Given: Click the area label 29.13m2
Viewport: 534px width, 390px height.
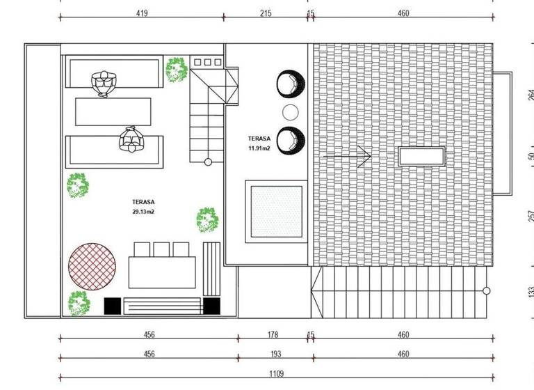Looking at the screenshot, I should tap(142, 210).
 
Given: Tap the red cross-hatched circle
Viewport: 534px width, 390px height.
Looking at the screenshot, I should tap(92, 265).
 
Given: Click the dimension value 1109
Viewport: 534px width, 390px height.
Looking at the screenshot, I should tap(277, 374).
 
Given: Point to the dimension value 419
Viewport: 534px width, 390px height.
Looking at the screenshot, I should tap(141, 13).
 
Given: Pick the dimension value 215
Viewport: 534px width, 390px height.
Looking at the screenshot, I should tap(265, 13).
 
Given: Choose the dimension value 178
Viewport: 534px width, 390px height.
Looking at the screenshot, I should tap(273, 335).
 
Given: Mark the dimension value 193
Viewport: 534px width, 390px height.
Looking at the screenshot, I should tap(273, 354).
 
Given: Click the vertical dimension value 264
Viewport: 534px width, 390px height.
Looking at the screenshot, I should tap(531, 95).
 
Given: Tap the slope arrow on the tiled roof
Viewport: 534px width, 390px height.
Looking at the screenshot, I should tap(347, 157).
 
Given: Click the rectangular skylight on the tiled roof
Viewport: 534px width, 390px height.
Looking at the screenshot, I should tap(421, 156).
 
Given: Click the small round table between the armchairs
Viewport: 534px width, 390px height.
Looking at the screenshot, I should tap(290, 112).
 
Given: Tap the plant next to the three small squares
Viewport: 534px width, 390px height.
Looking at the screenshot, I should tap(177, 68).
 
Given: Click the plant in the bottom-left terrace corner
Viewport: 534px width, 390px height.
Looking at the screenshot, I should tap(78, 303).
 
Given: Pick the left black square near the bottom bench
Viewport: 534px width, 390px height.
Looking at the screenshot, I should tap(112, 306).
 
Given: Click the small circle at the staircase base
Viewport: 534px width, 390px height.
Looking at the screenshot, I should tap(207, 162).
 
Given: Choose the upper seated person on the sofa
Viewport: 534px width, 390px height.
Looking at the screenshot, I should tap(105, 83).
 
